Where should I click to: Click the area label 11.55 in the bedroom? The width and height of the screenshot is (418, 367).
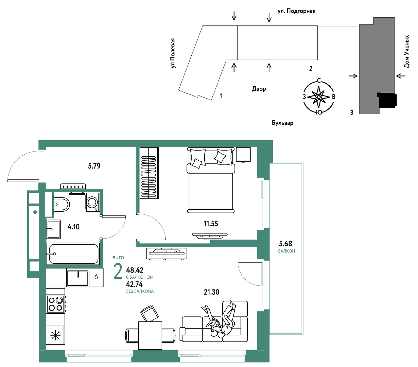tap(211, 224)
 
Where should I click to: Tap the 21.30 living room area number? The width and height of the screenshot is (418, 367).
tap(211, 292)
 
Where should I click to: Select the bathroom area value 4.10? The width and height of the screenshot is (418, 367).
tap(73, 227)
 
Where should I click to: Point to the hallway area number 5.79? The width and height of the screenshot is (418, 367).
tap(94, 166)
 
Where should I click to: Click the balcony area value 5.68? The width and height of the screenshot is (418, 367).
tap(285, 244)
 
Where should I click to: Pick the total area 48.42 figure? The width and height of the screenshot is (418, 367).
tap(135, 270)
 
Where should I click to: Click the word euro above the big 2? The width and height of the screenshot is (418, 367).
tap(118, 258)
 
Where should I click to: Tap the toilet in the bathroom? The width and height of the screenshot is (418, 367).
tap(61, 205)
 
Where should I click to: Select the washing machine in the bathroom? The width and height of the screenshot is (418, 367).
tap(93, 202)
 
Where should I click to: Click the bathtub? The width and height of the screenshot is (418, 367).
tap(73, 254)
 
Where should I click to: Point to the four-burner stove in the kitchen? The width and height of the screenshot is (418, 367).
tap(56, 304)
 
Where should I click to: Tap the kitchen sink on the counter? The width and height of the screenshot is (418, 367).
tap(77, 278)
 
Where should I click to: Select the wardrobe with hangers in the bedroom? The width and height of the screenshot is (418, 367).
tap(149, 173)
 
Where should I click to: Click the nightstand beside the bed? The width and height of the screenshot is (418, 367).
tap(243, 155)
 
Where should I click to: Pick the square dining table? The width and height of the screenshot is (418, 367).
tap(150, 335)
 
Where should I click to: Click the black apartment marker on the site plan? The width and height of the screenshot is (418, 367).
tap(387, 100)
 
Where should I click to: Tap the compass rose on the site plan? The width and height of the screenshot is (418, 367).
tap(318, 97)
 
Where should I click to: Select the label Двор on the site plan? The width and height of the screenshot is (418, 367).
tap(259, 89)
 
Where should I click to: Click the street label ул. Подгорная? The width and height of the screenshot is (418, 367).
tap(296, 11)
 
